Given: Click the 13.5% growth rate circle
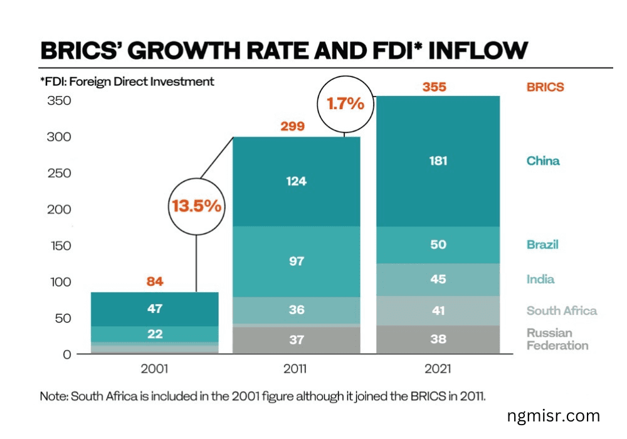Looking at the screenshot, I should [196, 206].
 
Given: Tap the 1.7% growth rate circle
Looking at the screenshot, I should [345, 103].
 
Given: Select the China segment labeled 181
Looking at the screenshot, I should [438, 161].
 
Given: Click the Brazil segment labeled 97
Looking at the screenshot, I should [297, 261].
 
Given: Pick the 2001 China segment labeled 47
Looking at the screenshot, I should [155, 309].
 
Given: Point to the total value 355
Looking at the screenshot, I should [434, 87].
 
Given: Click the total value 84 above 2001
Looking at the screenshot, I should [155, 282].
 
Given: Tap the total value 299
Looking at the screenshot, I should [292, 126].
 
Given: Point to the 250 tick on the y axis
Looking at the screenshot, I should [60, 173].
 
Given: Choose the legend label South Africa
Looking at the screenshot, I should [561, 310].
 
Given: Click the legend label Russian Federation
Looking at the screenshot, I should [557, 339].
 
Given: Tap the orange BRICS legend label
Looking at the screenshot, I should [545, 87].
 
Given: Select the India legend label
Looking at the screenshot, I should [540, 279].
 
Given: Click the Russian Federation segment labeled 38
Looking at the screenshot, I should [438, 339].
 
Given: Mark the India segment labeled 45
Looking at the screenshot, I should [438, 279].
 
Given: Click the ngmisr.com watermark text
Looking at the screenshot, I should [554, 415].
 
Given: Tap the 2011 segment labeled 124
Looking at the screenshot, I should [297, 181].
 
